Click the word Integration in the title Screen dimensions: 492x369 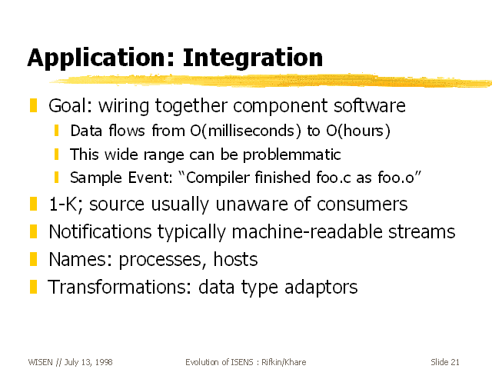(x=253, y=58)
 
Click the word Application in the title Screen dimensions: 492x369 (x=101, y=58)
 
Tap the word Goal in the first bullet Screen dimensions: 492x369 (x=70, y=105)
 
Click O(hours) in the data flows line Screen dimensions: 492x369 (x=358, y=131)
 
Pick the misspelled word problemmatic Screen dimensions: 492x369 (x=292, y=155)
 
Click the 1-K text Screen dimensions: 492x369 (x=66, y=204)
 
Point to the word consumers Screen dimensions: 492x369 (x=362, y=204)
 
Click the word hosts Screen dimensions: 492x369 (x=235, y=260)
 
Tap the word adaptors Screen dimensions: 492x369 (x=321, y=288)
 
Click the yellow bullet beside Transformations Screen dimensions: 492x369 (x=33, y=287)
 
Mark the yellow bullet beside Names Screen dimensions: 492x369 (x=33, y=260)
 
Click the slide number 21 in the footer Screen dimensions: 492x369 (x=454, y=362)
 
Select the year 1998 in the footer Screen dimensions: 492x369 (x=104, y=362)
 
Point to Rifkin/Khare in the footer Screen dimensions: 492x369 (x=284, y=362)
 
